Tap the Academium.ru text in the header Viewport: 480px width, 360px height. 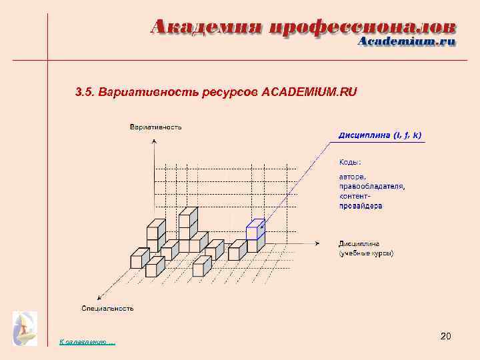[407, 41]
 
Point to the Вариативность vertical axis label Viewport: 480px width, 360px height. [156, 127]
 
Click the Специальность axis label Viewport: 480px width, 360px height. [107, 308]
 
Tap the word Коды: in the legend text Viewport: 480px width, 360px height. [351, 162]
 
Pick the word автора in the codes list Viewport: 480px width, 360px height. [353, 177]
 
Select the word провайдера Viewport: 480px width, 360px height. [361, 206]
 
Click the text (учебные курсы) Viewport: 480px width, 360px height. [366, 253]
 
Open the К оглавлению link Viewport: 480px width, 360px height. [87, 342]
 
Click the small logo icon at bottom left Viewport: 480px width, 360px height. [25, 328]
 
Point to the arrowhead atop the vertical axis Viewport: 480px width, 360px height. [155, 141]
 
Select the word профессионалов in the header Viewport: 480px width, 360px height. [363, 27]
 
